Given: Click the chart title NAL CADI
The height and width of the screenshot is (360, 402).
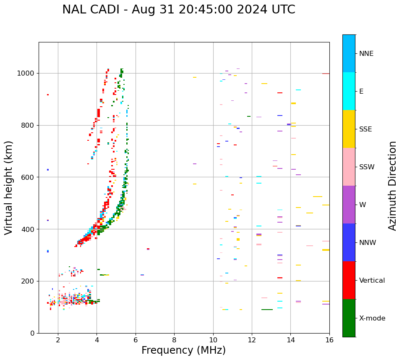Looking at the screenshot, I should tap(178, 10).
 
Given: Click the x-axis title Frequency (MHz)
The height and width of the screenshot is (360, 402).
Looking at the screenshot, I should tap(183, 350).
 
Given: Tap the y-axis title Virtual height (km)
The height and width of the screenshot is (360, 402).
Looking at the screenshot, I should tap(9, 187).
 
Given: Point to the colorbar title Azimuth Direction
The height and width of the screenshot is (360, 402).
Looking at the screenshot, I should tap(392, 185).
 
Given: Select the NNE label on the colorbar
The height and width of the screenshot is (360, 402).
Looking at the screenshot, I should tap(366, 54).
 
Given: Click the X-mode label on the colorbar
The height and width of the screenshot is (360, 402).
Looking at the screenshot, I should tap(372, 318).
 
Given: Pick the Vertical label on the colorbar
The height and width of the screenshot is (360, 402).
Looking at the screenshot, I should tap(372, 281).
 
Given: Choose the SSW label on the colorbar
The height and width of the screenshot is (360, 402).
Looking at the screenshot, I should tap(366, 167).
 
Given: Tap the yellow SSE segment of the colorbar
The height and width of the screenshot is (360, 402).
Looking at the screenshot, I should tap(349, 129).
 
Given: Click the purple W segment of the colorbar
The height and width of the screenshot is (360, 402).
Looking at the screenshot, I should tap(349, 205).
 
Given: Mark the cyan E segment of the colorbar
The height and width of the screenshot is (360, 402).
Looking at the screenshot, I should tap(349, 91).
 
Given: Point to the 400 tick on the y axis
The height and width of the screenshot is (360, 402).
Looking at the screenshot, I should tap(29, 229).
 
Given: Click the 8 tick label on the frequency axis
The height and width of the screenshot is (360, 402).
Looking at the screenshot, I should tap(174, 340).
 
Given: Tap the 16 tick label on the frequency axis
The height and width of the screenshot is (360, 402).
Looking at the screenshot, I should tap(329, 340).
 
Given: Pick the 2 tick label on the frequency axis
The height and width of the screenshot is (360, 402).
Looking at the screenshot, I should tap(58, 340).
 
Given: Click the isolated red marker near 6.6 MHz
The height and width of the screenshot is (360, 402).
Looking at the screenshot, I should tap(148, 249).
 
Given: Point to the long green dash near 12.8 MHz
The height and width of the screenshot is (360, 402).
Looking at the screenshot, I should tap(267, 310).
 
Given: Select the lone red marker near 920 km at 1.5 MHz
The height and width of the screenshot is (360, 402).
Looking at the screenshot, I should tap(48, 95).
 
